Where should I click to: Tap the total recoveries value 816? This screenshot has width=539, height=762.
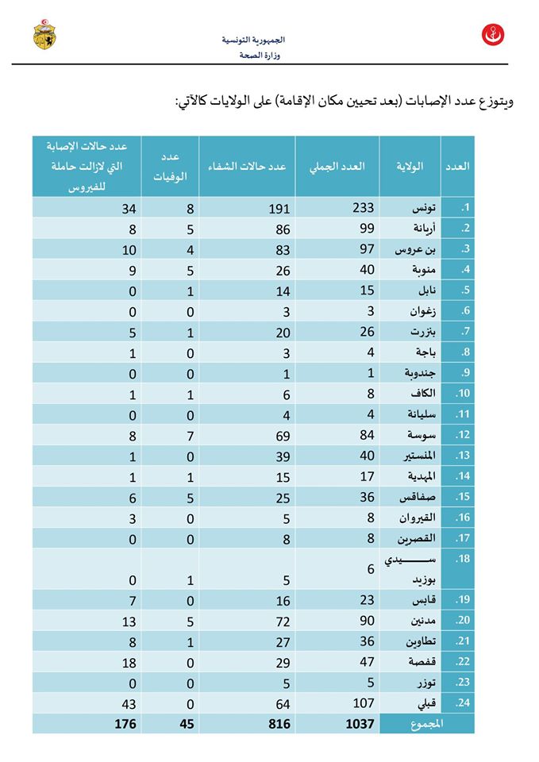click(279, 724)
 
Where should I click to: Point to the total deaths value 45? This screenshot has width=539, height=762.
click(187, 724)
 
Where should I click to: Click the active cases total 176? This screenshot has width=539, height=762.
click(125, 724)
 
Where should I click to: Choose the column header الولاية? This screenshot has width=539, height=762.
click(410, 166)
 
